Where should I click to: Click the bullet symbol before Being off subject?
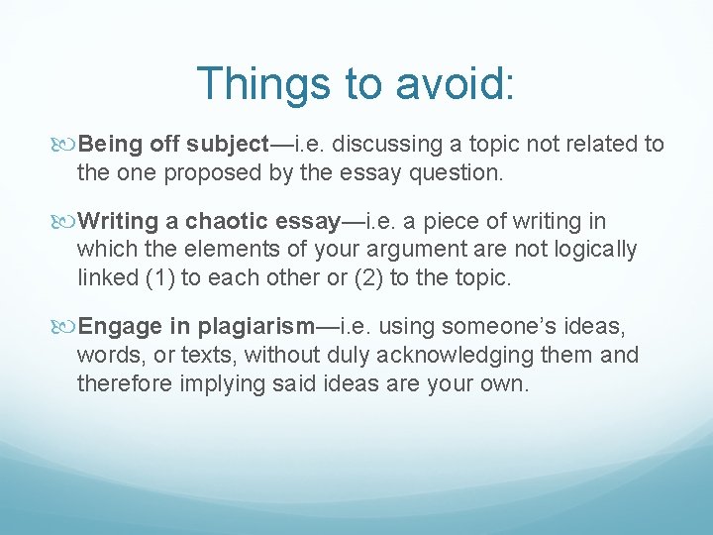tap(67, 145)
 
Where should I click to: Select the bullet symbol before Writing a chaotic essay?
tap(67, 222)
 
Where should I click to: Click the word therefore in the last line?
tap(125, 383)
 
